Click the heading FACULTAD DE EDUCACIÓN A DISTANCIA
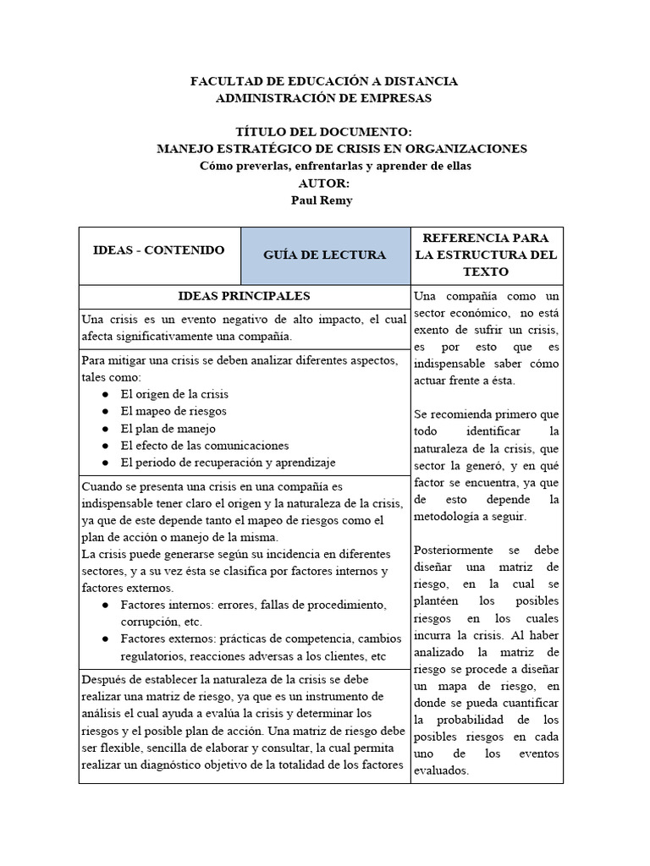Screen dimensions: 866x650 324,81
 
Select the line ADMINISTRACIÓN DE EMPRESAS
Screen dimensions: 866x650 324,98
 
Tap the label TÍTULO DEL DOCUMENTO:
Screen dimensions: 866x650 324,132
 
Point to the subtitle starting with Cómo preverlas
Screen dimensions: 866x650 324,166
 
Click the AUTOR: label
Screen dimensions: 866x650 324,183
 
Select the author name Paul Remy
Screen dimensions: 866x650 324,200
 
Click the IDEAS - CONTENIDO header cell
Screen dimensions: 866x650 159,250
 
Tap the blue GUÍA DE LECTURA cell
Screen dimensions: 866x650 325,255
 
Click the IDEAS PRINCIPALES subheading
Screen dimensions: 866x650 244,296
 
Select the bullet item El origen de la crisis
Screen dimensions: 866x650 174,394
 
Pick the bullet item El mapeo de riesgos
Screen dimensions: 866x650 174,411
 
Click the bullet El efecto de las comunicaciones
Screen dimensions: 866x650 205,445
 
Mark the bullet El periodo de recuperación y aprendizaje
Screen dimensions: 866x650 229,462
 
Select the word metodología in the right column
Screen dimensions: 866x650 451,516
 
